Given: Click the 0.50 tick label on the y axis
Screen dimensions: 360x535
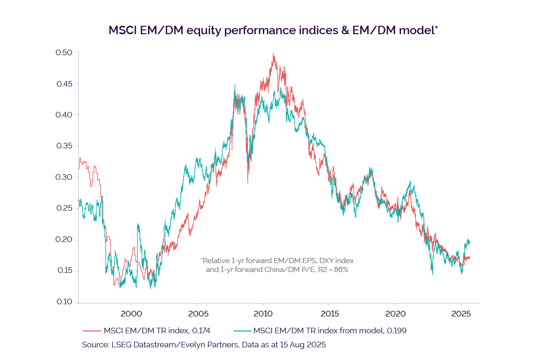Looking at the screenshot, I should pos(64,52).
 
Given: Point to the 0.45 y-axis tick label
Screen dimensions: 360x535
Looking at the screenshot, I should pos(64,84).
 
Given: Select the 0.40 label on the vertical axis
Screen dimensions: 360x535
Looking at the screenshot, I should pos(64,115).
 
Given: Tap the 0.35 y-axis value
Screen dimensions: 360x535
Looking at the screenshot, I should pos(64,146).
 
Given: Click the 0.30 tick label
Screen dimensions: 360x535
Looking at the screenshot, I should pos(64,177).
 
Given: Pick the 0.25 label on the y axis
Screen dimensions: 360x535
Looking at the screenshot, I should pos(64,209).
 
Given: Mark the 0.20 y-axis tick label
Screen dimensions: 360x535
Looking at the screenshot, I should pos(64,240).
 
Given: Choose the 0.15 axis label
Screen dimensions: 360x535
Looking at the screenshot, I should pos(64,272).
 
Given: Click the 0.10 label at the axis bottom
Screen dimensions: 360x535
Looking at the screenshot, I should pos(64,302).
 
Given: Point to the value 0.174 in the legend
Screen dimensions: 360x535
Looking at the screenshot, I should pos(201,331).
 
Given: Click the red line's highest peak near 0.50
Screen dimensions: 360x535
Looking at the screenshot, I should pos(273,53).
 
